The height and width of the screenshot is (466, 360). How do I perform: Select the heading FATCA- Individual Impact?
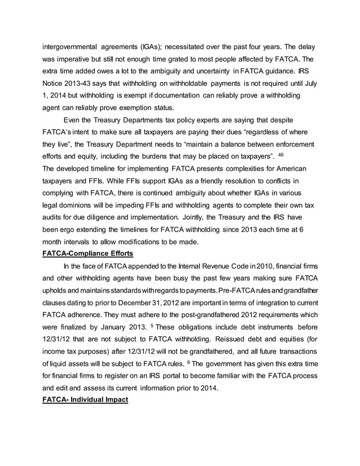click(86, 399)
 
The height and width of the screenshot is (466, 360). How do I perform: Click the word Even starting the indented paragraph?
click(73, 119)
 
